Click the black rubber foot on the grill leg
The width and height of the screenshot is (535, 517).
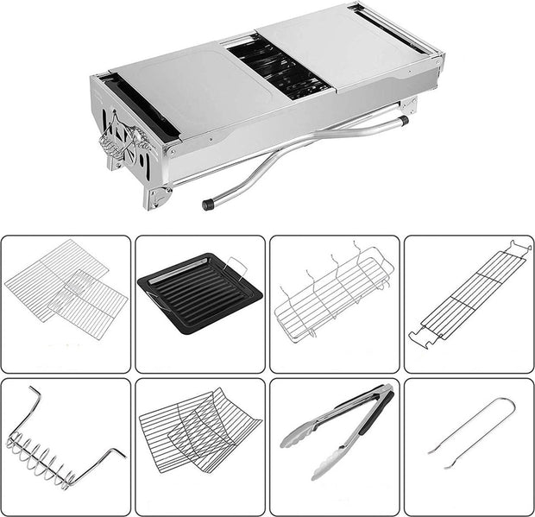(x=208, y=205)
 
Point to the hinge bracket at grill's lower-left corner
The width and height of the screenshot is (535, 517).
(x=157, y=197)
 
